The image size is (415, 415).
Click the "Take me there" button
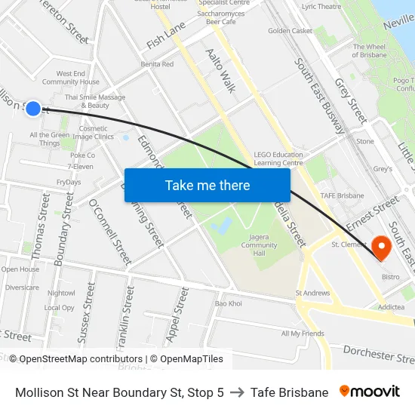tap(207, 186)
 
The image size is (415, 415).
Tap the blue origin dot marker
tap(33, 109)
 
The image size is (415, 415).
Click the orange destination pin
tap(381, 246)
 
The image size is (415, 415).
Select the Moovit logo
tap(369, 392)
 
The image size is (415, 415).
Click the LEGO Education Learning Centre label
tap(278, 158)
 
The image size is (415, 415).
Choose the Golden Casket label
tap(290, 31)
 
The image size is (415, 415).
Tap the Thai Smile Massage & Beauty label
tap(95, 101)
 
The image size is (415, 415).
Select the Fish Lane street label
tap(166, 35)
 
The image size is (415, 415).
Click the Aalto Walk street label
tap(220, 70)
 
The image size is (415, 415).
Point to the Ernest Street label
tap(371, 214)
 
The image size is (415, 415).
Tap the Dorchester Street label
tap(377, 352)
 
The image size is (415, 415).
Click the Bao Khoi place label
tap(229, 303)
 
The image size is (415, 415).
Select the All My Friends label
tap(302, 334)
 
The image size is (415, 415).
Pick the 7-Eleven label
tap(80, 166)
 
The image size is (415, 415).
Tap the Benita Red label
tap(158, 64)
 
